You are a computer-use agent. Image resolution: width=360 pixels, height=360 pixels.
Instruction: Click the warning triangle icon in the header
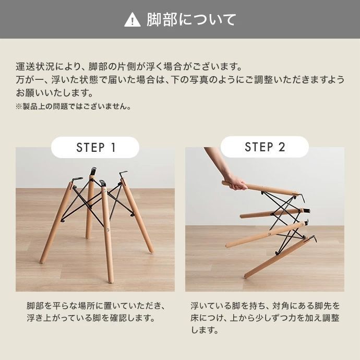click(133, 20)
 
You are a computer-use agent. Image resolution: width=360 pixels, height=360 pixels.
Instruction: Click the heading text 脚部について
click(191, 20)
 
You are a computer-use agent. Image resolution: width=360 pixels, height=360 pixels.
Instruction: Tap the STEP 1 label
click(95, 147)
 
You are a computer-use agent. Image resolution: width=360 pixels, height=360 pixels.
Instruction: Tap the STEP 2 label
click(265, 147)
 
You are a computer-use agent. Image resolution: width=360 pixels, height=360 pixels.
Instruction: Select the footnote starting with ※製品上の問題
click(73, 106)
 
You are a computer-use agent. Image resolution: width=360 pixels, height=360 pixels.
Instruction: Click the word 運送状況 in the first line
click(33, 67)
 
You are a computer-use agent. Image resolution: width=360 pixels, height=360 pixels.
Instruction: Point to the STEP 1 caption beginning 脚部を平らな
click(95, 311)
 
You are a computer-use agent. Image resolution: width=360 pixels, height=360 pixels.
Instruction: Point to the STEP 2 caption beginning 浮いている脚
click(265, 317)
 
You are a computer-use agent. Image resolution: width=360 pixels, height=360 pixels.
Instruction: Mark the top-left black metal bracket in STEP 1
click(77, 179)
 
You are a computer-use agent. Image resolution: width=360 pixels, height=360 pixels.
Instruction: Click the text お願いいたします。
click(55, 93)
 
